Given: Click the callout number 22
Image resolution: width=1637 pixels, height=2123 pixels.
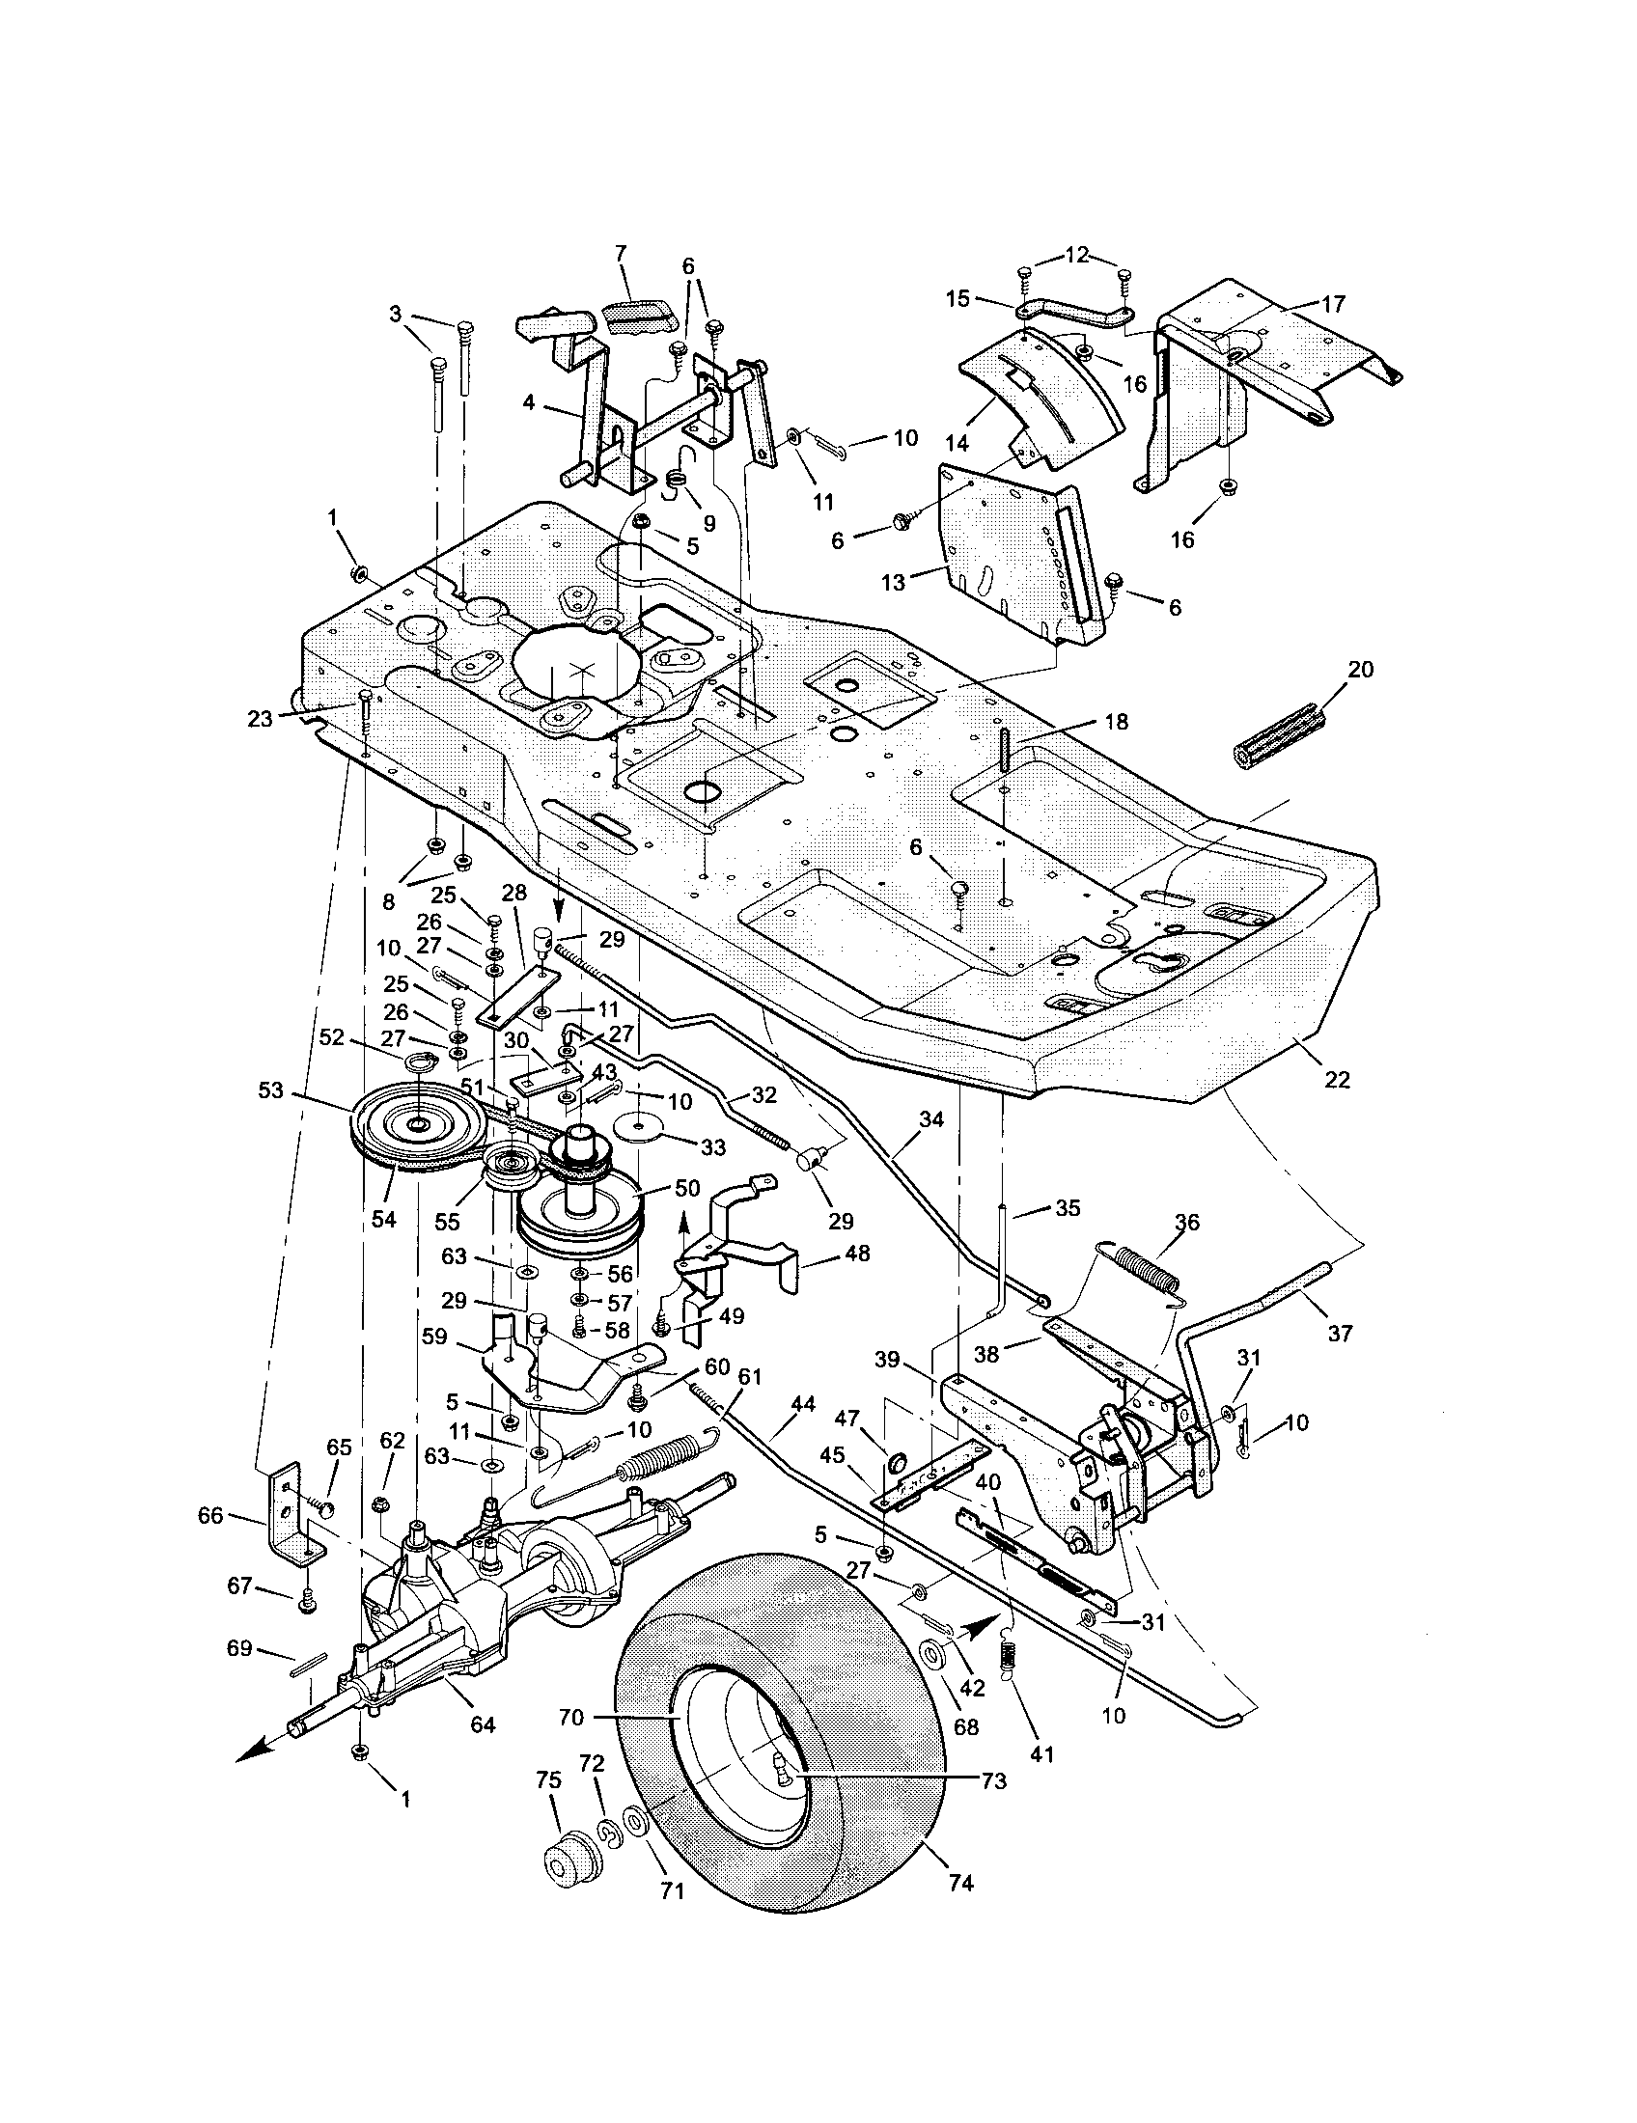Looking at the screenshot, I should pos(1338,1079).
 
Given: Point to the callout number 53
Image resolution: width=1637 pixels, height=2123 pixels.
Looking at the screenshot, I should pos(271,1091).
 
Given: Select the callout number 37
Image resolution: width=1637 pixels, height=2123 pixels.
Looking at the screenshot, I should pos(1340,1334).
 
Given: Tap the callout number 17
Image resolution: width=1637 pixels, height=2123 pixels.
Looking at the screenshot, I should pos(1334,304).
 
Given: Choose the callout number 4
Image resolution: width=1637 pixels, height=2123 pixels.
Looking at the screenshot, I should pos(528,401).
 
